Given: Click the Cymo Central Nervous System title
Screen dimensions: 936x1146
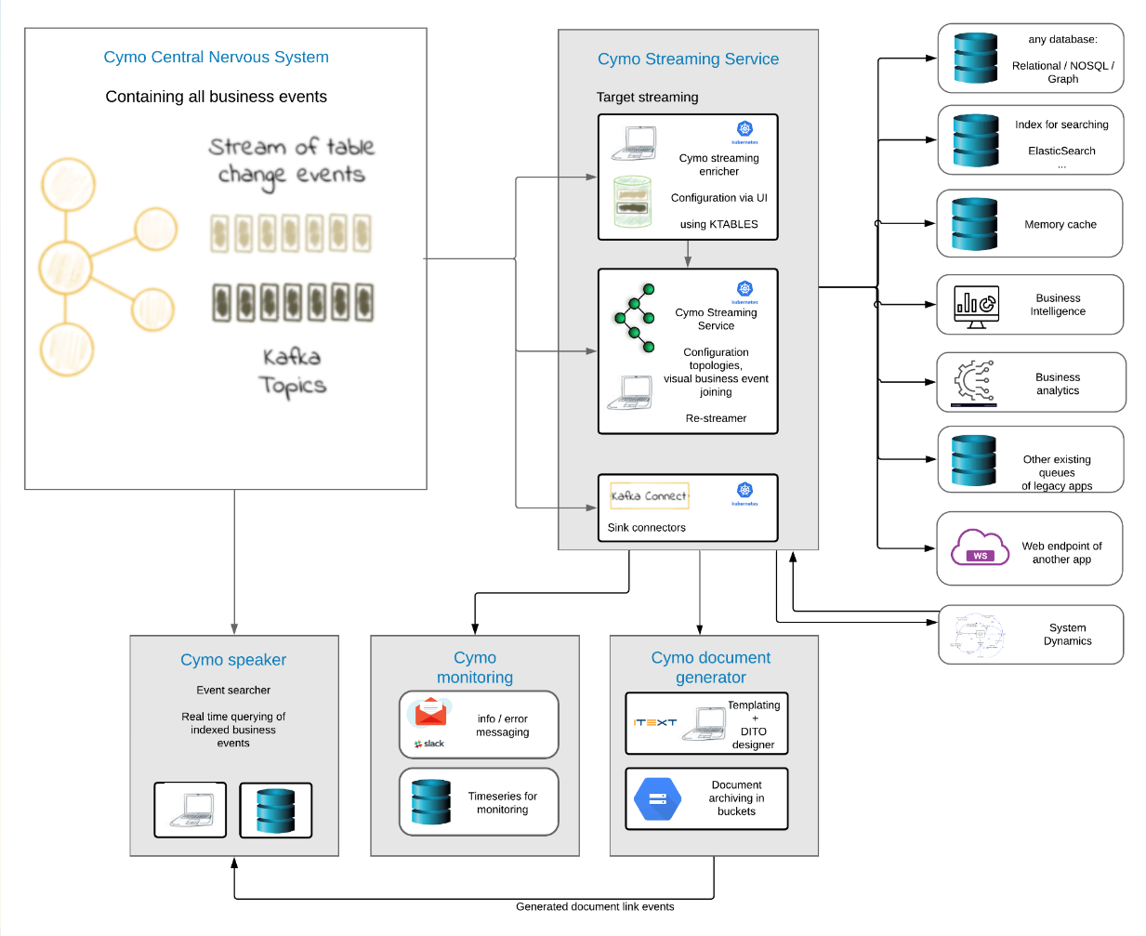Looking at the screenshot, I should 216,57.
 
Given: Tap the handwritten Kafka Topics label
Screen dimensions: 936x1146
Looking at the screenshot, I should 293,371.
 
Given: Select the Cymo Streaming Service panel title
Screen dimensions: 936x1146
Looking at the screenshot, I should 688,59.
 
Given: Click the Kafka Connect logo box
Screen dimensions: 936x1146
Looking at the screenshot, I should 649,495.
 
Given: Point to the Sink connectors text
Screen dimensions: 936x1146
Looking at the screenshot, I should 646,527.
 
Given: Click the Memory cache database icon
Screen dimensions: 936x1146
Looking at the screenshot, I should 974,224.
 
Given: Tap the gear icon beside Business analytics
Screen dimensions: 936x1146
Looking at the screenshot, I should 974,382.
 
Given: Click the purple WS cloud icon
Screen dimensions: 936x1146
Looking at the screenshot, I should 980,547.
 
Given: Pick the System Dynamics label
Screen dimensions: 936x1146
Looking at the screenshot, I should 1067,634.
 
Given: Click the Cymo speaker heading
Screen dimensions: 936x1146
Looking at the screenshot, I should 233,660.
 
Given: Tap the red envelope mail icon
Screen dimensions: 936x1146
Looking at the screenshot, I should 430,713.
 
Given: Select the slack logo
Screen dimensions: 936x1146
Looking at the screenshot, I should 429,744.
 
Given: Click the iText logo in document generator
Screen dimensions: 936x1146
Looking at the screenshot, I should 655,722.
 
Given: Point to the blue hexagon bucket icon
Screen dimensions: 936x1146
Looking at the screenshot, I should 657,798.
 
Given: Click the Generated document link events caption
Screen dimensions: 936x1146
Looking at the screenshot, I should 595,906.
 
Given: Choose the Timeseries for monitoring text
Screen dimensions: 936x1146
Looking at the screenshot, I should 502,802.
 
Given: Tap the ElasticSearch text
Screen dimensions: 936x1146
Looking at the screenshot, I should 1061,151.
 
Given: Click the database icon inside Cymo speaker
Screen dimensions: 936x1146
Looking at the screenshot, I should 275,811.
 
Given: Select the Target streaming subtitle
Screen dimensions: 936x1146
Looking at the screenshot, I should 647,97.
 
